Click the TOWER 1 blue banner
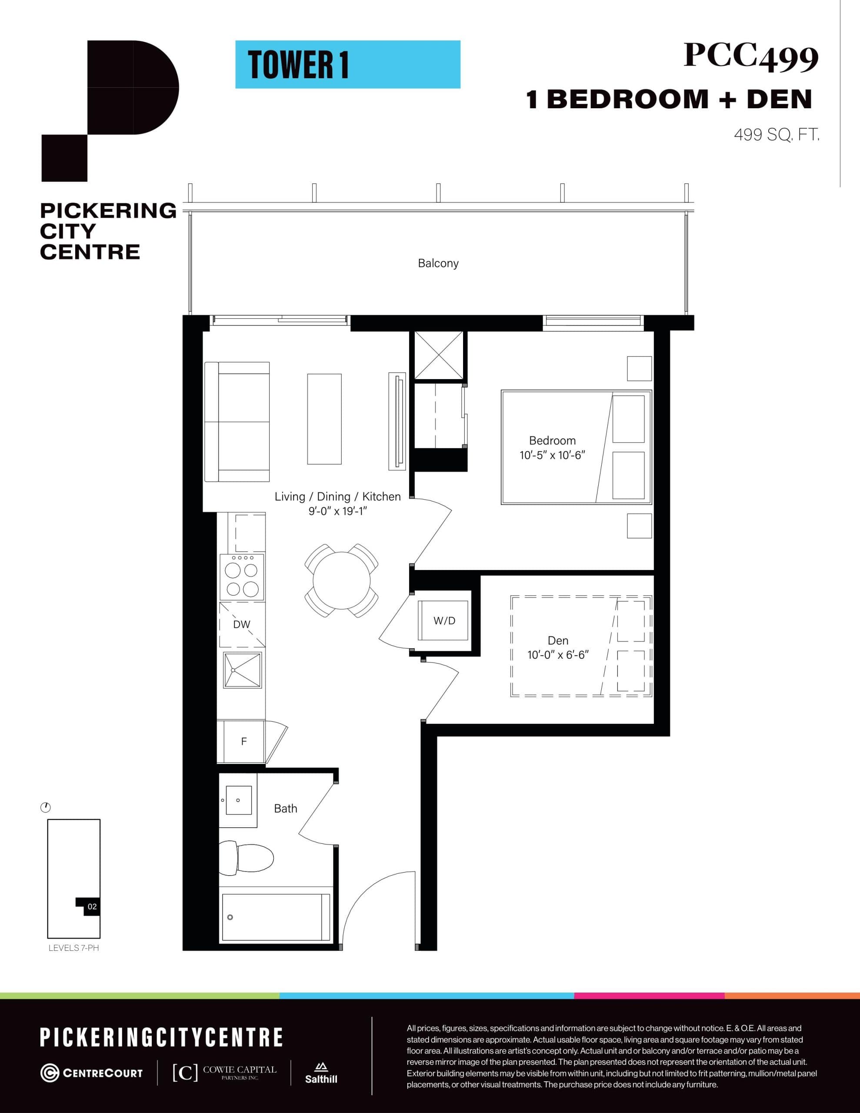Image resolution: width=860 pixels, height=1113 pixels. pyautogui.click(x=348, y=65)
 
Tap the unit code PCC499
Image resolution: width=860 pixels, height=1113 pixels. pyautogui.click(x=750, y=57)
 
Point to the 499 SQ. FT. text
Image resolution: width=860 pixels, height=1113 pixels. pyautogui.click(x=777, y=135)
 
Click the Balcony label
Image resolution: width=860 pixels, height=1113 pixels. pyautogui.click(x=438, y=263)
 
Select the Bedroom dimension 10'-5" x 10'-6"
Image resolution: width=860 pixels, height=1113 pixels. pyautogui.click(x=552, y=455)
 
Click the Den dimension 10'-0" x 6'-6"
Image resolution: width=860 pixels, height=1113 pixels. pyautogui.click(x=558, y=655)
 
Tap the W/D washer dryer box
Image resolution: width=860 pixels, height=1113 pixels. pyautogui.click(x=443, y=621)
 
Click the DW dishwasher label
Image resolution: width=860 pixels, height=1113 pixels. pyautogui.click(x=242, y=624)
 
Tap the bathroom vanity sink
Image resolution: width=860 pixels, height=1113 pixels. pyautogui.click(x=238, y=800)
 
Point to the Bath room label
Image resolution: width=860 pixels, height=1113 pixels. pyautogui.click(x=286, y=809)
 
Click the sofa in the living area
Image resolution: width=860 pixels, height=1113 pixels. pyautogui.click(x=237, y=421)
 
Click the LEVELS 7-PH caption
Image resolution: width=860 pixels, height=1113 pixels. pyautogui.click(x=73, y=948)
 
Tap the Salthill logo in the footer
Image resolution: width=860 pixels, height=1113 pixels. pyautogui.click(x=321, y=1073)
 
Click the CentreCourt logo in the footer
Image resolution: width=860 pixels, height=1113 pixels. pyautogui.click(x=92, y=1073)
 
